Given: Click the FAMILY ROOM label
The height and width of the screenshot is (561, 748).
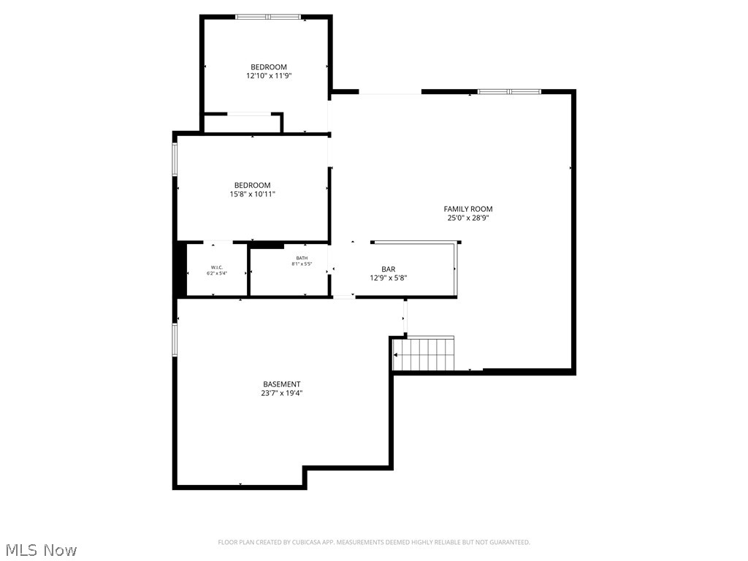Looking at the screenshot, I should (x=467, y=209).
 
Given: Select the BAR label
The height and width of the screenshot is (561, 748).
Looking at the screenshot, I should (x=388, y=269).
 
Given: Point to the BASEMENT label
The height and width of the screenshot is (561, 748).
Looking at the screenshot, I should (x=281, y=384).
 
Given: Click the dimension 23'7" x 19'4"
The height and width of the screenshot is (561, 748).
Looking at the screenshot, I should (x=281, y=393).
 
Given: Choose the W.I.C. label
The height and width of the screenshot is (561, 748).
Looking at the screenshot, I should (x=216, y=267).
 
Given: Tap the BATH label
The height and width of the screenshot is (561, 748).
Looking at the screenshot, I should (x=302, y=258).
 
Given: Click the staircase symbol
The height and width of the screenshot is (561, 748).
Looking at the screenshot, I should (x=424, y=354).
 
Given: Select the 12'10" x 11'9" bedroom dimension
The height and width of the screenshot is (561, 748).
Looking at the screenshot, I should (x=269, y=75).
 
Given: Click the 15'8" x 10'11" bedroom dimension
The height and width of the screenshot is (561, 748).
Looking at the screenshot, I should (x=252, y=194).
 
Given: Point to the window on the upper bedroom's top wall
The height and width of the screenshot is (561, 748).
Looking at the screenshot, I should (x=267, y=16).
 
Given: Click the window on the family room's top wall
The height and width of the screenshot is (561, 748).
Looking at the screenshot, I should (x=509, y=91).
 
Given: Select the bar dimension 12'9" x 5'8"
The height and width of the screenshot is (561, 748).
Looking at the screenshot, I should (x=388, y=278).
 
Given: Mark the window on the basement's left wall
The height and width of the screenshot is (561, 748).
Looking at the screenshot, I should (x=175, y=340).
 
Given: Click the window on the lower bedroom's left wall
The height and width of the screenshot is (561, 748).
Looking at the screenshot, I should (x=175, y=159).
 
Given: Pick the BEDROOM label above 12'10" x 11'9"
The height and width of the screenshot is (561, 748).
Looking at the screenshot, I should (x=269, y=67).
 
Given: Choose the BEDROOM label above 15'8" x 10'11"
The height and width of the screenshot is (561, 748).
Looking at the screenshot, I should (x=252, y=186).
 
